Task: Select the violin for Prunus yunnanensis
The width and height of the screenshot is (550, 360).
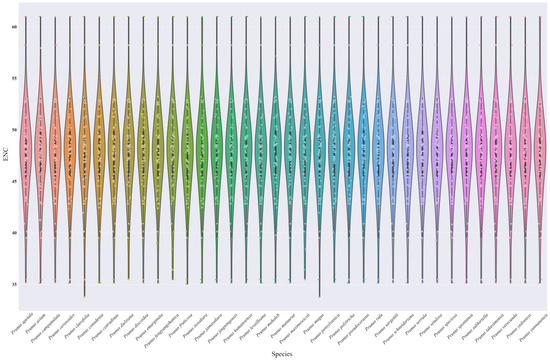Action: pos(541,150)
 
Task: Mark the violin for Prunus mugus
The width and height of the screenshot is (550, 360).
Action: pos(319,150)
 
